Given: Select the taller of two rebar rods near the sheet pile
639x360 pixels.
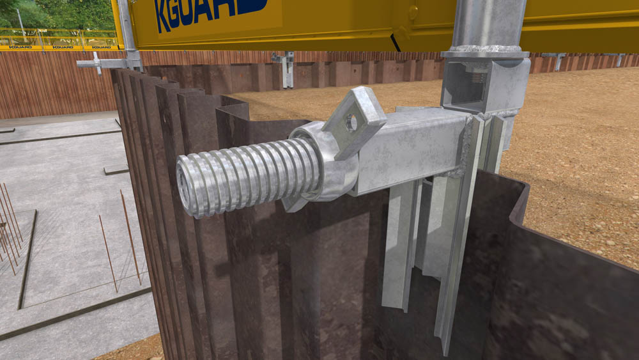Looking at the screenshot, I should point(130,236).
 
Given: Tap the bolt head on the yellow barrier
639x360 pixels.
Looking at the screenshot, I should point(413,12).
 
